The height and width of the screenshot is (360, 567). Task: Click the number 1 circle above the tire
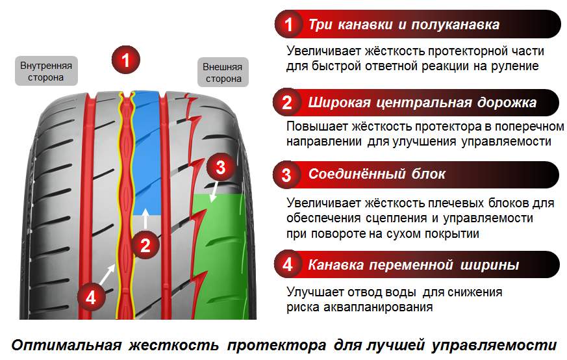(127, 60)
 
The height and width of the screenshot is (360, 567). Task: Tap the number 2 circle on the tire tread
(145, 246)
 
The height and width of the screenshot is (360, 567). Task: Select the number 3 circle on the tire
(220, 168)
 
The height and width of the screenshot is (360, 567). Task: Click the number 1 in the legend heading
(288, 25)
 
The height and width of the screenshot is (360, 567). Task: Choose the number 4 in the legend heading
(288, 265)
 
